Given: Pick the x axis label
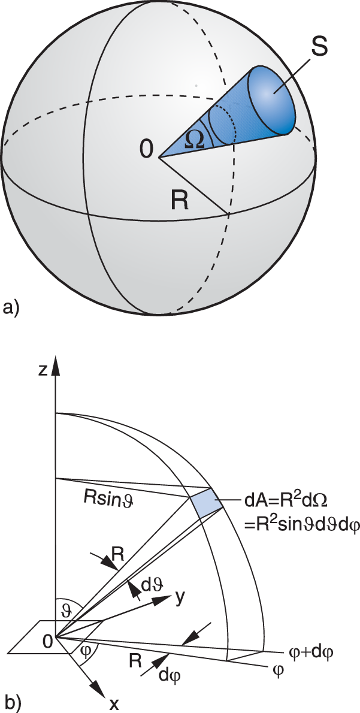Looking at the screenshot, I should (x=114, y=703).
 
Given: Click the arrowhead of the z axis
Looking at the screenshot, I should (x=56, y=365).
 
